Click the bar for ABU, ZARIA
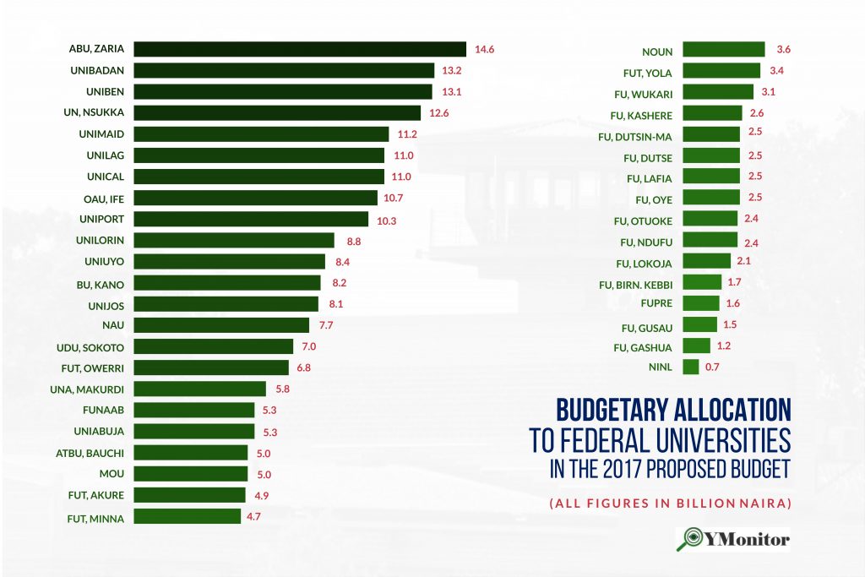coord(300,49)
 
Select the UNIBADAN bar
coord(284,70)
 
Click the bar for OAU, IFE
coord(255,198)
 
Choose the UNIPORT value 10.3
coord(385,220)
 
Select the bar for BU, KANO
coord(227,283)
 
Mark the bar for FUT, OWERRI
coord(211,367)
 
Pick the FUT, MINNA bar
coord(187,516)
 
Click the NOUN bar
coord(723,50)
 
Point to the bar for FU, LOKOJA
coord(706,261)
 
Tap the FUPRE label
coord(656,303)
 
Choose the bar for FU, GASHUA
coord(696,346)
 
